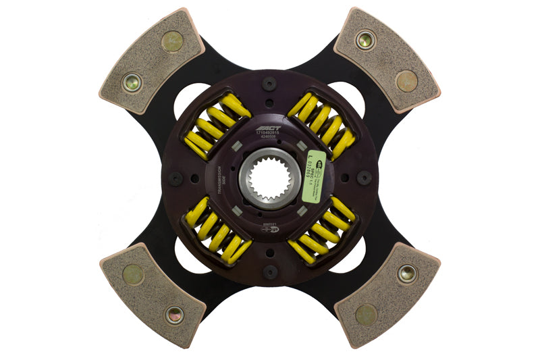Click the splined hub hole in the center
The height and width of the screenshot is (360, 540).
tap(269, 178)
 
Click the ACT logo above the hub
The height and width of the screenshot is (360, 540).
tap(270, 127)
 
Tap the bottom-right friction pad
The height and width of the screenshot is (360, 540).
tap(387, 294)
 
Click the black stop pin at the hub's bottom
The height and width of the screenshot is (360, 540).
tap(270, 272)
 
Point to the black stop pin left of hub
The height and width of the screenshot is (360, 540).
tap(177, 179)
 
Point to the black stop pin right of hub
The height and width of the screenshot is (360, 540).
tap(364, 178)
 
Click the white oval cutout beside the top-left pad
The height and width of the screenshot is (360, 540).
tap(190, 101)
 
